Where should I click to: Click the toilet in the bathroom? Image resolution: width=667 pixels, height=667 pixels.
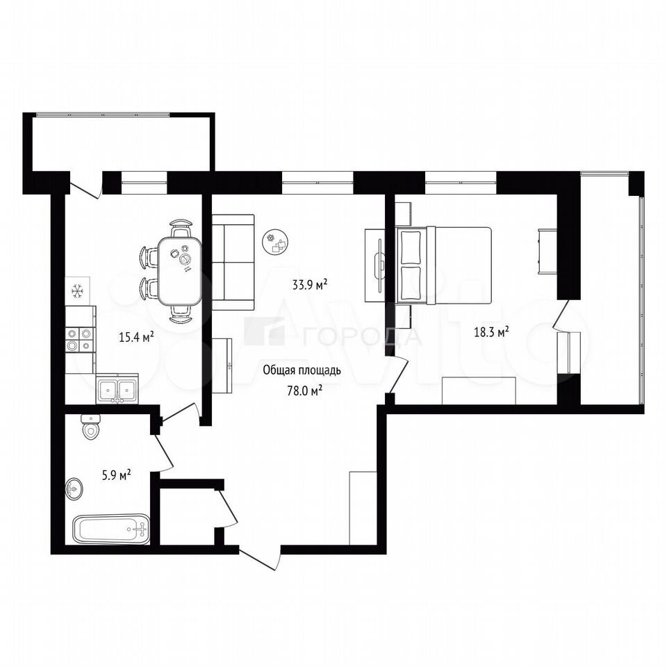click(x=90, y=427)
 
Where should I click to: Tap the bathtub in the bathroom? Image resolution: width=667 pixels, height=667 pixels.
click(x=111, y=529)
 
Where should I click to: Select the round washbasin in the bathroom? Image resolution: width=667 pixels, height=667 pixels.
click(x=74, y=489)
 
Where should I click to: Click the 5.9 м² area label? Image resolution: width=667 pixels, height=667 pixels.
click(x=116, y=475)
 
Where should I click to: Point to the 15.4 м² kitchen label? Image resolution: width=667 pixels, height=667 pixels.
click(x=136, y=338)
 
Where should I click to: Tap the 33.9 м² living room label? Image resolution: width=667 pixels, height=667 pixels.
click(x=310, y=284)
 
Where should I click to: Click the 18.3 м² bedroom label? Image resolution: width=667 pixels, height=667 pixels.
click(x=492, y=332)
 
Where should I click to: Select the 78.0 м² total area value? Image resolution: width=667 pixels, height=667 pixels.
click(x=304, y=390)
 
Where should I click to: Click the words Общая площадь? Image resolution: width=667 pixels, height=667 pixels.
click(x=302, y=370)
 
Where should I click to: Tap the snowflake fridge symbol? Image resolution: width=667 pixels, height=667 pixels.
click(x=77, y=291)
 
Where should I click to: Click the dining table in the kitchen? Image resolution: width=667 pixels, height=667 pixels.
click(x=179, y=271)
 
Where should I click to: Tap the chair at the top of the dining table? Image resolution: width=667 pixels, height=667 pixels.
click(x=181, y=228)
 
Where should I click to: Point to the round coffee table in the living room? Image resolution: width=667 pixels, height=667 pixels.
click(x=276, y=242)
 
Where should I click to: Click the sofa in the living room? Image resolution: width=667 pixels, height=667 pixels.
click(x=233, y=262)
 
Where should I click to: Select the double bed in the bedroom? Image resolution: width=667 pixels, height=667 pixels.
click(x=443, y=266)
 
